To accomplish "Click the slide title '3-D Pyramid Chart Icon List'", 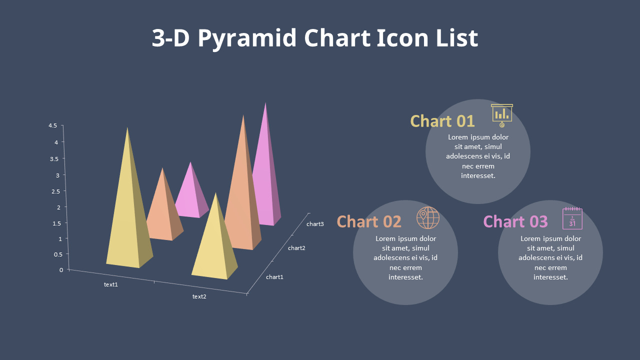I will click(x=315, y=38).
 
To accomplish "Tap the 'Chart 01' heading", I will click(x=442, y=121).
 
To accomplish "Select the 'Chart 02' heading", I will click(x=369, y=221).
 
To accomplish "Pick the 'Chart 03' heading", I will click(x=515, y=221).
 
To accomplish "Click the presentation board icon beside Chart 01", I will click(x=501, y=115).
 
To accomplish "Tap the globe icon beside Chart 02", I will click(x=428, y=217).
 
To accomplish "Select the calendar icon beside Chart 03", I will click(x=572, y=218).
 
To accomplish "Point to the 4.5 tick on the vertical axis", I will click(x=52, y=125).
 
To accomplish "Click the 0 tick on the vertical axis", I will click(x=61, y=270).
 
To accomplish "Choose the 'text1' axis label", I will click(x=111, y=284).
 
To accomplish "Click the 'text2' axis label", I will click(x=199, y=296).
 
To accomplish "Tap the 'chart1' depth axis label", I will click(x=274, y=277).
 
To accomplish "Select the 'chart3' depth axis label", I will click(x=315, y=224).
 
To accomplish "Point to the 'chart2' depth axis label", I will click(x=296, y=248).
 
